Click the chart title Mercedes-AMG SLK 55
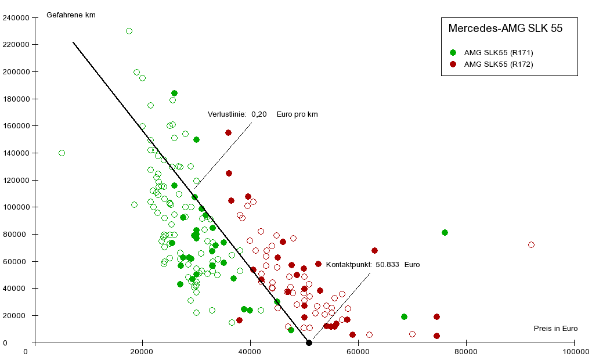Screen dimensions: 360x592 point(505,28)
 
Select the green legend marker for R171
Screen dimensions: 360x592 point(453,53)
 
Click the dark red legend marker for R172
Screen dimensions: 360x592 point(453,64)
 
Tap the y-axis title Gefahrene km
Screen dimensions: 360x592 point(71,15)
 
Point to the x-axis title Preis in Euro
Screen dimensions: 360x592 point(555,329)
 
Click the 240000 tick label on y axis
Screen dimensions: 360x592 point(16,17)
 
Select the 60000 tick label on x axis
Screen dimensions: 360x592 point(358,351)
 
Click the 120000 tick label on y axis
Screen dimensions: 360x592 point(16,180)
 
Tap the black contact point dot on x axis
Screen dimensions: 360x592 point(309,343)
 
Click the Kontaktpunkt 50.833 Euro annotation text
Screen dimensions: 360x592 point(373,265)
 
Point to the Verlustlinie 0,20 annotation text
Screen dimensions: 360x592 point(262,114)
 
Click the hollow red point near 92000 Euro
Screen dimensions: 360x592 point(531,244)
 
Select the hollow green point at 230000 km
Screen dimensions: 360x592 point(129,31)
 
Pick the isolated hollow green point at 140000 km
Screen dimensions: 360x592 point(62,153)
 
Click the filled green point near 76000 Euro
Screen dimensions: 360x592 point(445,232)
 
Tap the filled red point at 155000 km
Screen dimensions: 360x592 point(228,132)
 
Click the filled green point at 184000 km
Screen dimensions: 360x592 point(174,93)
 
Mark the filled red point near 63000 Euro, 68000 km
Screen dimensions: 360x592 point(374,250)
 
